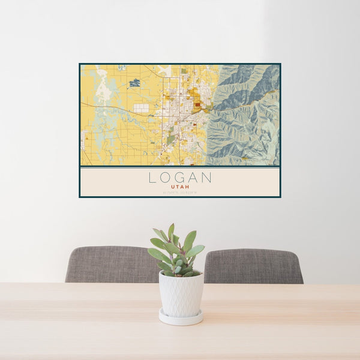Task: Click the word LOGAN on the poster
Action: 180,178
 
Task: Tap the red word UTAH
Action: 180,187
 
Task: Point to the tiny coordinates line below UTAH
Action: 180,191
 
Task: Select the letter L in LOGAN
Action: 152,178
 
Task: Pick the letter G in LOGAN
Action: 179,178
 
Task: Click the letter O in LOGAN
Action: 166,178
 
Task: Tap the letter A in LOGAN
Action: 193,178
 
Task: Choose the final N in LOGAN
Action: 206,178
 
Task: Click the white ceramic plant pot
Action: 181,293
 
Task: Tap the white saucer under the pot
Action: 181,318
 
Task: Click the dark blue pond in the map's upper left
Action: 134,82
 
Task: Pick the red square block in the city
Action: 197,104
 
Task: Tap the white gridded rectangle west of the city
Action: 141,108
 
